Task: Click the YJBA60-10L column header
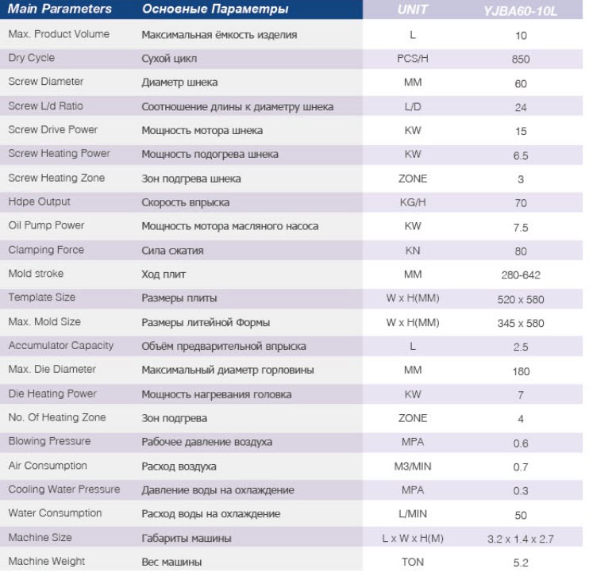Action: click(x=520, y=11)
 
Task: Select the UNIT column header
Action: click(x=413, y=10)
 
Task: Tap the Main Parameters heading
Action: click(x=60, y=9)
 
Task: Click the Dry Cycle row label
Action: click(x=32, y=58)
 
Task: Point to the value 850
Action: click(x=521, y=60)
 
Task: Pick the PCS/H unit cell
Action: click(x=413, y=59)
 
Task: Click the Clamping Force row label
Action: click(x=46, y=250)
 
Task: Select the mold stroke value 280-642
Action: click(x=521, y=275)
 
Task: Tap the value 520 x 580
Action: click(x=521, y=300)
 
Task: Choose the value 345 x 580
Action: click(x=521, y=323)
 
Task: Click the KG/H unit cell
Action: click(x=413, y=202)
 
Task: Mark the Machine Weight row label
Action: click(x=47, y=561)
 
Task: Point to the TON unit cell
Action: click(x=413, y=562)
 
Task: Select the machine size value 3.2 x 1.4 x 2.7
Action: click(x=521, y=539)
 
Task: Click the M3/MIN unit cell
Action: click(x=413, y=466)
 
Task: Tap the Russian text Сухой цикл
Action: click(x=169, y=59)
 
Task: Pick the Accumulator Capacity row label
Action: click(x=61, y=346)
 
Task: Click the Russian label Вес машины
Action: click(x=171, y=562)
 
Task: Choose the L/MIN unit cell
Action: click(x=413, y=514)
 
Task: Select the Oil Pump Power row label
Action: click(x=46, y=225)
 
